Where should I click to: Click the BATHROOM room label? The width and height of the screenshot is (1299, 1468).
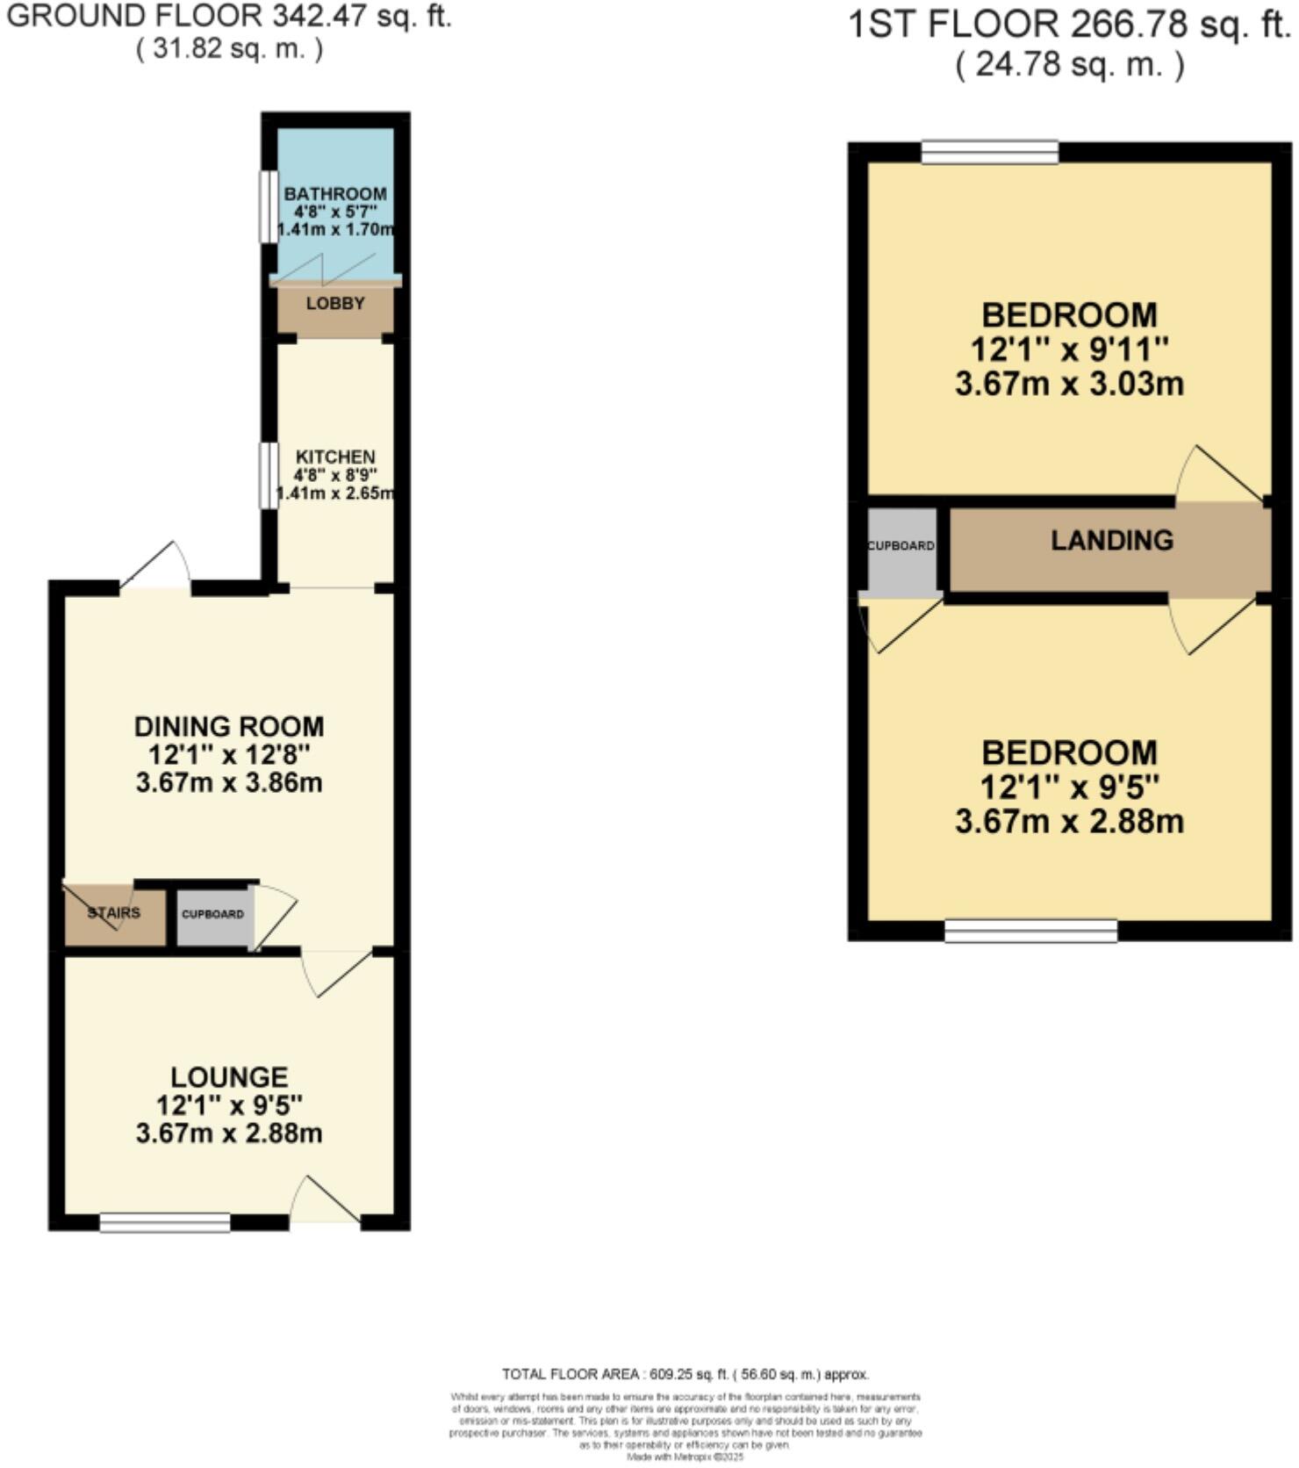point(335,193)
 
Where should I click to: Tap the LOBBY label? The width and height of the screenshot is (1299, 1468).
point(335,304)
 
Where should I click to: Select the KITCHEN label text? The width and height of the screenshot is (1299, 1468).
point(335,457)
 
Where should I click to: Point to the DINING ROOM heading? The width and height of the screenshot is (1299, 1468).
point(229,727)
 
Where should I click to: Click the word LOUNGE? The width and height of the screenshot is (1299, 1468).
point(229,1077)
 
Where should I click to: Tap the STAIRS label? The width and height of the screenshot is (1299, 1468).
point(114,913)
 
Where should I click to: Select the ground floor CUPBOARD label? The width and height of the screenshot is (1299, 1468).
point(212,914)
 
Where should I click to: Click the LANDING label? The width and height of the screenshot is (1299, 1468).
point(1112,540)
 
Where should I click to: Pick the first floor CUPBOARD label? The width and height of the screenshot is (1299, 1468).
point(901,545)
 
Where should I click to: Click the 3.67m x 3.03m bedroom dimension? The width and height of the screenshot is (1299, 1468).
point(1069,385)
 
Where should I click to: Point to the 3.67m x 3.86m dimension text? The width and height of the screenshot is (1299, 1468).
point(229,782)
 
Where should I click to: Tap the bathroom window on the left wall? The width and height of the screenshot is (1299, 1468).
point(264,205)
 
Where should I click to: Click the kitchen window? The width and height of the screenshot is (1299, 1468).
point(264,475)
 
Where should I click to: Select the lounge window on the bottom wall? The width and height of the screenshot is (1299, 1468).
point(165,1222)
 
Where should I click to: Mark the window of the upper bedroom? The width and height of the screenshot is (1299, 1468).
point(990,153)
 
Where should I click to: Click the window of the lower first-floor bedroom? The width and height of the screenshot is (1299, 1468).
point(1030,931)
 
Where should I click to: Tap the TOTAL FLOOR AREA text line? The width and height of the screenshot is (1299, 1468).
point(685,1374)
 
